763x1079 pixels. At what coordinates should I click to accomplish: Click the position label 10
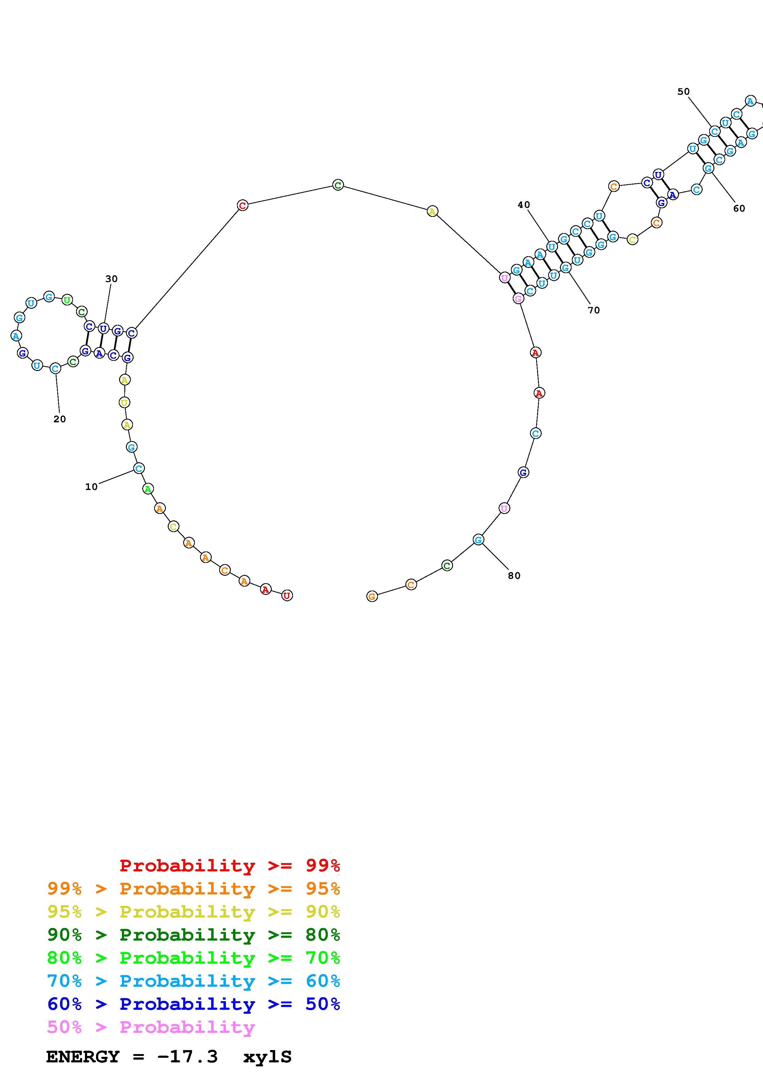[x=91, y=487]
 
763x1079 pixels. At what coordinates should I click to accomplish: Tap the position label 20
[x=60, y=419]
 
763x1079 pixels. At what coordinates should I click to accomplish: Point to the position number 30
[x=111, y=279]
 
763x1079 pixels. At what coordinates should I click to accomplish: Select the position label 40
[x=524, y=205]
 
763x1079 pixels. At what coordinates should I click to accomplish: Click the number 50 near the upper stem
[x=684, y=92]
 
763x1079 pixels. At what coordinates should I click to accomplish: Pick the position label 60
[x=739, y=209]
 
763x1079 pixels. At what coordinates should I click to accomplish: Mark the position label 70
[x=594, y=310]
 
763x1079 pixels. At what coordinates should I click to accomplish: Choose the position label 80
[x=514, y=576]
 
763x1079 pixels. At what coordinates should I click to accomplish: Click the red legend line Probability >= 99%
[x=230, y=865]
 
